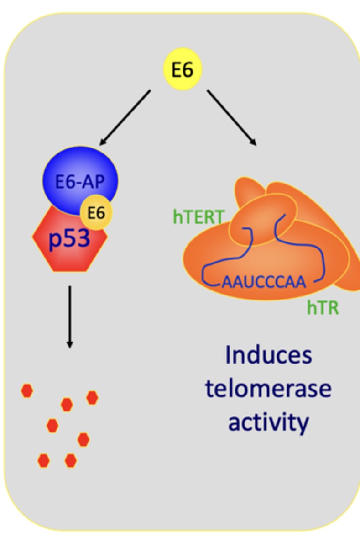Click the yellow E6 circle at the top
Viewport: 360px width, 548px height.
pos(183,70)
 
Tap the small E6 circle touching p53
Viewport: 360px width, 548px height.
pos(96,213)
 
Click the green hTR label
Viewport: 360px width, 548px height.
pos(323,308)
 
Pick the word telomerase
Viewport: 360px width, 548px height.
pos(268,389)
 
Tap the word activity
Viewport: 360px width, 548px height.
pos(268,422)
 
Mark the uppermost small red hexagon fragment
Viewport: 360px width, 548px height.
pos(27,391)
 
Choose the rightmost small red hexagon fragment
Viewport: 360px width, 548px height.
pos(92,398)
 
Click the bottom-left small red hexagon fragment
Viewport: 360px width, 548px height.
pos(43,460)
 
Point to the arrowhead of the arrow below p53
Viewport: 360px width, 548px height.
pos(69,344)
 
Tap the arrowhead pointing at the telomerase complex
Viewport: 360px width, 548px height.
pos(252,142)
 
